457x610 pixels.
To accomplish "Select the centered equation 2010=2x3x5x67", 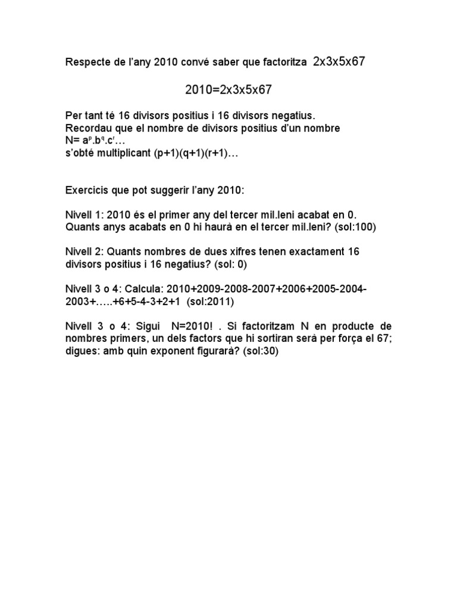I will coord(228,90).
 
